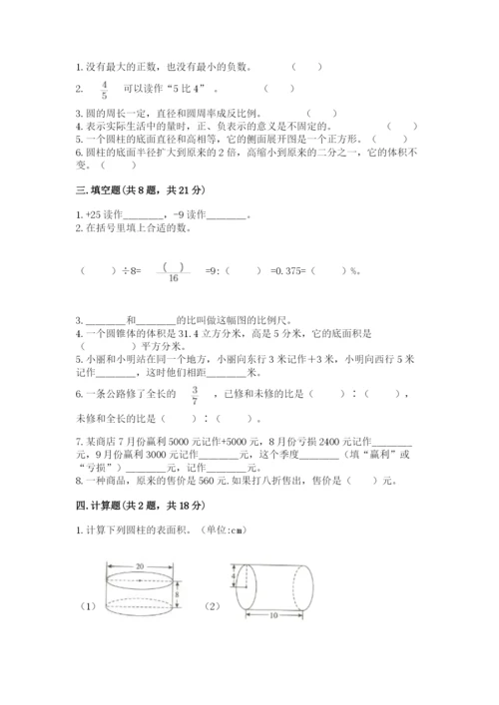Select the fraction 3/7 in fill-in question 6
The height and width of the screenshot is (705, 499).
(x=195, y=395)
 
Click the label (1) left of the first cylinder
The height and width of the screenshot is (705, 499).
(x=89, y=604)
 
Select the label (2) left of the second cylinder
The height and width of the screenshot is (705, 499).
(x=212, y=604)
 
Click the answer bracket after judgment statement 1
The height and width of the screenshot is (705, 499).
(x=306, y=67)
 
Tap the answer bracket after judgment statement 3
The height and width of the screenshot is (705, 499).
(x=321, y=114)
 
